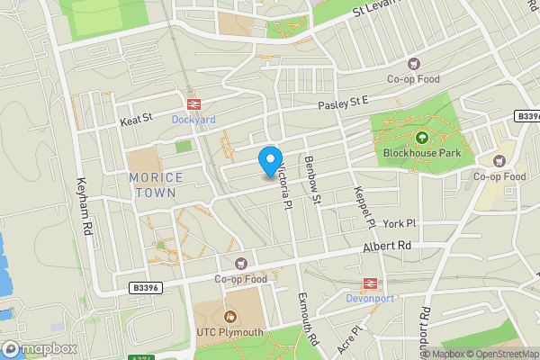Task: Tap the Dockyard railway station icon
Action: (192, 103)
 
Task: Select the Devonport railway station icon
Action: (369, 283)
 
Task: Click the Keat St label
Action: (137, 118)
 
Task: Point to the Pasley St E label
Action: (344, 105)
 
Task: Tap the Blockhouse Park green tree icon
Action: (421, 138)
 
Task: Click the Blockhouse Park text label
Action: (421, 154)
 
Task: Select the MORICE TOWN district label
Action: (156, 185)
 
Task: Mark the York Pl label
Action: (400, 223)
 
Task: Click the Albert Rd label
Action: (387, 245)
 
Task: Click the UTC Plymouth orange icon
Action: (229, 317)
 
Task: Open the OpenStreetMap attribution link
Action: (499, 353)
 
